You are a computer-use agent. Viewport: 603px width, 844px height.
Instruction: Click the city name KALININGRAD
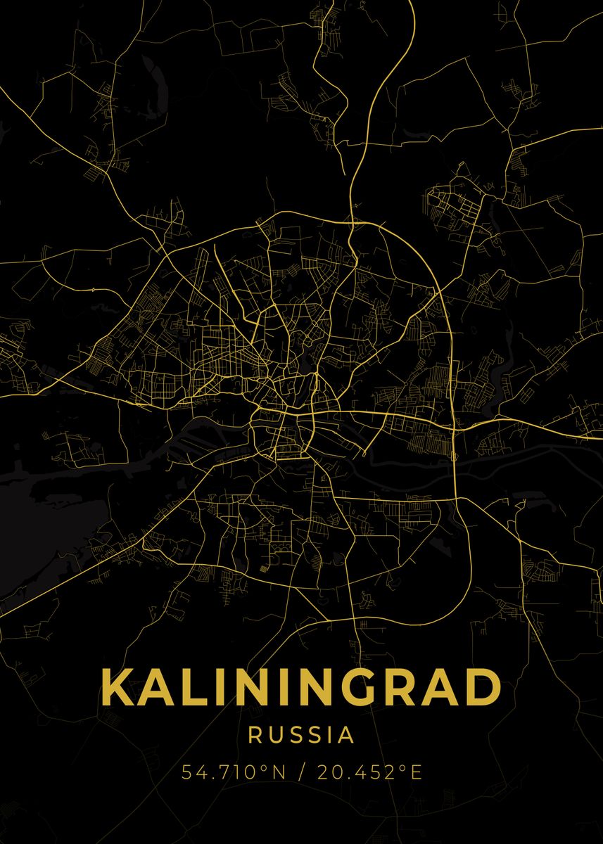301,687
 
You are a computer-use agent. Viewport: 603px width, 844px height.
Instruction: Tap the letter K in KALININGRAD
119,687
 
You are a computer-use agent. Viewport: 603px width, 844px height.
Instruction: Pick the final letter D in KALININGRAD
483,687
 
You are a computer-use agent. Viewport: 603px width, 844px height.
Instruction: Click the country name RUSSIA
301,736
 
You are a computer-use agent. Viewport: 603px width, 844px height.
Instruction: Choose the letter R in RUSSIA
256,736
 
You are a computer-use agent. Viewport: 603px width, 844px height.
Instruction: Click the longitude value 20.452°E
369,772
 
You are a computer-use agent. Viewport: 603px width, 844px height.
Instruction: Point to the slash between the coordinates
302,772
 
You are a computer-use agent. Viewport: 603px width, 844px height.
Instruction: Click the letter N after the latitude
278,772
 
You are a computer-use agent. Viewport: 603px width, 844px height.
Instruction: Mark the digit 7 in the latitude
220,772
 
